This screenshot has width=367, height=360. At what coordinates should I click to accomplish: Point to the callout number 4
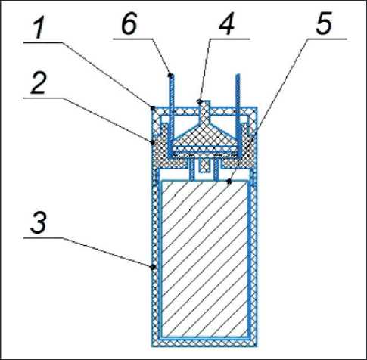[x=227, y=25]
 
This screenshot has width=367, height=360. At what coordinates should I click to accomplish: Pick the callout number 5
[x=324, y=25]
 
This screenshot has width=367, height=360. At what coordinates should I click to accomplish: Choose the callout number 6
[x=129, y=24]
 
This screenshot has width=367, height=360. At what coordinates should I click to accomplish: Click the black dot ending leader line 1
[x=153, y=108]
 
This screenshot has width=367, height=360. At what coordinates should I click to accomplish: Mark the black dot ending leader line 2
[x=153, y=142]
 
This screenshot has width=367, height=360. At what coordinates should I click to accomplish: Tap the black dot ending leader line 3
[x=153, y=267]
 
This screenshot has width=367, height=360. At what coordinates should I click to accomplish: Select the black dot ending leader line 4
[x=200, y=101]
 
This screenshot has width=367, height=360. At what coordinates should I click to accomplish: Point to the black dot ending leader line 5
[x=229, y=181]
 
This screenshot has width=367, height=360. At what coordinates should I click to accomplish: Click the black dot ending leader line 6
[x=170, y=75]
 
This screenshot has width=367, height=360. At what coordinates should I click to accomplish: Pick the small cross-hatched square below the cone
[x=204, y=166]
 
